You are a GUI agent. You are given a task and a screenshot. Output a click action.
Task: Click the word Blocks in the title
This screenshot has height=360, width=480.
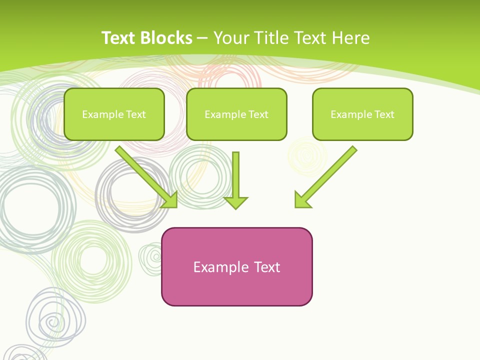pyautogui.click(x=166, y=38)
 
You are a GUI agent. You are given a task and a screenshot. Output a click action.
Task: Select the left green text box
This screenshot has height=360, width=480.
pyautogui.click(x=114, y=114)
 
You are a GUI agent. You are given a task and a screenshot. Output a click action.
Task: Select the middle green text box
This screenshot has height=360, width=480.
pyautogui.click(x=236, y=114)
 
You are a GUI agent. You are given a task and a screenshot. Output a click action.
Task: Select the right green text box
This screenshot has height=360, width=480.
pyautogui.click(x=362, y=114)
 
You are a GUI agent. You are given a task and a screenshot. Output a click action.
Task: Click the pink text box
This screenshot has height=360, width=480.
pyautogui.click(x=236, y=266)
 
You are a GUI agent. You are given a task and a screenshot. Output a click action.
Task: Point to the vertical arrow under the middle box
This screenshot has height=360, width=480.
pyautogui.click(x=235, y=175)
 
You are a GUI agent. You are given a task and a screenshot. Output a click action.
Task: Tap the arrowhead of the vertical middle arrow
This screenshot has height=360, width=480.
pyautogui.click(x=235, y=203)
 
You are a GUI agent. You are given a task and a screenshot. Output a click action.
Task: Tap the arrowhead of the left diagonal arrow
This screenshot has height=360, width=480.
pyautogui.click(x=170, y=200)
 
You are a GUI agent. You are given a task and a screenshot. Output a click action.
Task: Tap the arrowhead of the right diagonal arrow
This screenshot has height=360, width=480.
pyautogui.click(x=302, y=200)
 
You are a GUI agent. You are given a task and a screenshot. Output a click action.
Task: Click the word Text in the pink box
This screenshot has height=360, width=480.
pyautogui.click(x=267, y=267)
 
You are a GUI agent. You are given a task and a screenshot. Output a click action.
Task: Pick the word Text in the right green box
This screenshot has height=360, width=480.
pyautogui.click(x=384, y=114)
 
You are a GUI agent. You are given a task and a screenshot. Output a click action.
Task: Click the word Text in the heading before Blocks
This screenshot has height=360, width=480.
pyautogui.click(x=119, y=38)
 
